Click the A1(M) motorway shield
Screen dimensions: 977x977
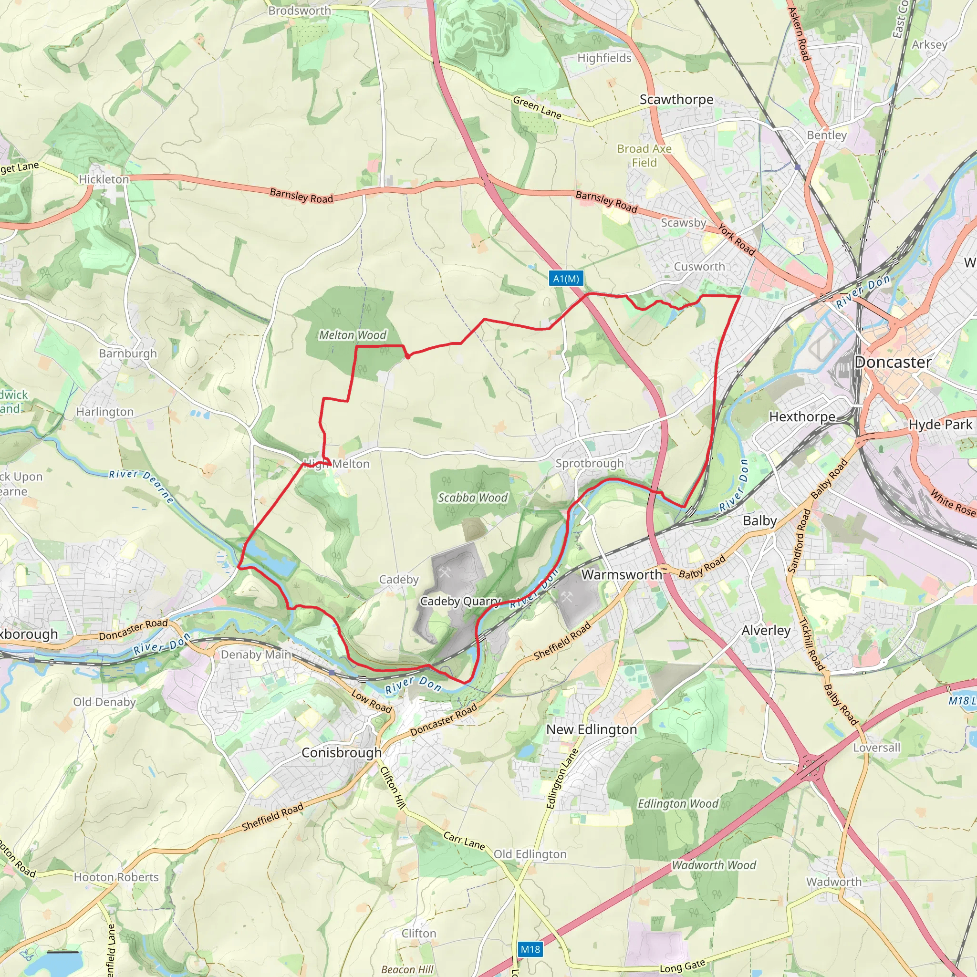[566, 279]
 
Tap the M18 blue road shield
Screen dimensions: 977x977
[530, 949]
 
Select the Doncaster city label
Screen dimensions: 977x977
[893, 362]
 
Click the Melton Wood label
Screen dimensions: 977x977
[353, 335]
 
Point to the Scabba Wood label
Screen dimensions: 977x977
[472, 498]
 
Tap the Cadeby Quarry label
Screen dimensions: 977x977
[460, 601]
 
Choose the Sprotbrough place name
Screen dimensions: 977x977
[589, 463]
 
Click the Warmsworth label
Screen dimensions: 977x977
[622, 574]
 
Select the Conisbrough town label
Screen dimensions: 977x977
[342, 752]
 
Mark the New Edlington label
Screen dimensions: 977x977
[591, 729]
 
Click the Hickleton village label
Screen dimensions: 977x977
[104, 179]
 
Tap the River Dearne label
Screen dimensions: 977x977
[142, 486]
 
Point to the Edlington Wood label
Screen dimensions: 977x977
[677, 803]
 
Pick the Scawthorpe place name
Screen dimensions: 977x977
[676, 100]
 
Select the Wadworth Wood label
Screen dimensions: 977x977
[714, 865]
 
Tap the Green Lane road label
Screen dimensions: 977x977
[537, 108]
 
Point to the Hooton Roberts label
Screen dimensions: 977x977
[116, 877]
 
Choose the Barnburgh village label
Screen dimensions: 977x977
[128, 353]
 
